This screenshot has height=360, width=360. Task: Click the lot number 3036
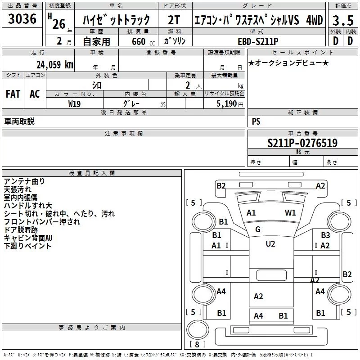coord(22,19)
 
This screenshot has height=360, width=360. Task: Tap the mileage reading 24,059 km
coord(51,64)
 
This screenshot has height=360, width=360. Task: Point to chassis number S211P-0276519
coord(302,144)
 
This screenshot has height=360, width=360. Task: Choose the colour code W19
coord(75,103)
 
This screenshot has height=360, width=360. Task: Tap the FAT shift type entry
coord(13,94)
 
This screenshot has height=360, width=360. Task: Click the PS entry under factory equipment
coord(256,121)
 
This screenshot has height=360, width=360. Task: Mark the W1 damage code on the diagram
coord(290,213)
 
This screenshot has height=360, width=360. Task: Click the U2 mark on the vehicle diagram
coord(270,244)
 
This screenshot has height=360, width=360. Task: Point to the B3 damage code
coord(325,235)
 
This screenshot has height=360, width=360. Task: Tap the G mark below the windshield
coord(258,229)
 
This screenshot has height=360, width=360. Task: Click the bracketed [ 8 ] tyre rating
coord(197,345)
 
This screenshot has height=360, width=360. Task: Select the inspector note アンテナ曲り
coord(24,181)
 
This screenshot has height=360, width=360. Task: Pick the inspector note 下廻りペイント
coord(27,246)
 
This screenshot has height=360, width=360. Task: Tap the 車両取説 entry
coord(19,121)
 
